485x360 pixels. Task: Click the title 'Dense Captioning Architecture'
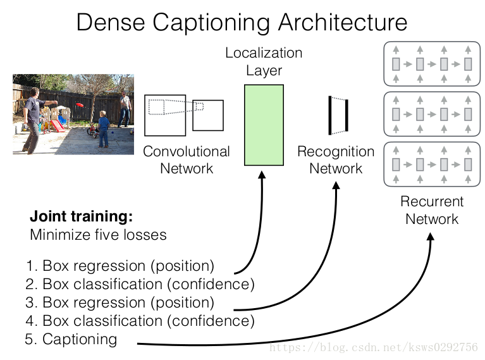[x=242, y=23]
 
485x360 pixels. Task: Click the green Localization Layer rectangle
[x=264, y=125]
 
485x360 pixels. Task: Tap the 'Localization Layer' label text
[x=264, y=61]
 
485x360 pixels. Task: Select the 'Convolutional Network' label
[x=187, y=160]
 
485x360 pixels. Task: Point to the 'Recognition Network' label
[x=336, y=160]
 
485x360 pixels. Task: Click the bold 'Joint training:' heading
[x=82, y=216]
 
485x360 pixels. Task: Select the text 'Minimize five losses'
[x=98, y=235]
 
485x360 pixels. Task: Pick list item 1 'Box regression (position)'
[x=120, y=265]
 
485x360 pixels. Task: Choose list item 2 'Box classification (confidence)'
[x=140, y=283]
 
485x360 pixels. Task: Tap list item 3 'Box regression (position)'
[x=120, y=302]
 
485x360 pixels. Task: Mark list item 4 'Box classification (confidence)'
[x=140, y=320]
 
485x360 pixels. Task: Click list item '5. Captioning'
[x=71, y=339]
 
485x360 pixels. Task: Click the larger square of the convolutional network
[x=165, y=115]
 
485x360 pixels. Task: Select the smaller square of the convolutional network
[x=208, y=115]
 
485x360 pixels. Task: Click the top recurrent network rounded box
[x=431, y=63]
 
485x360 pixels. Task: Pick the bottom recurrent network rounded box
[x=431, y=165]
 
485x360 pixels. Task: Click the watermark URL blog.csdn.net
[x=373, y=347]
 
